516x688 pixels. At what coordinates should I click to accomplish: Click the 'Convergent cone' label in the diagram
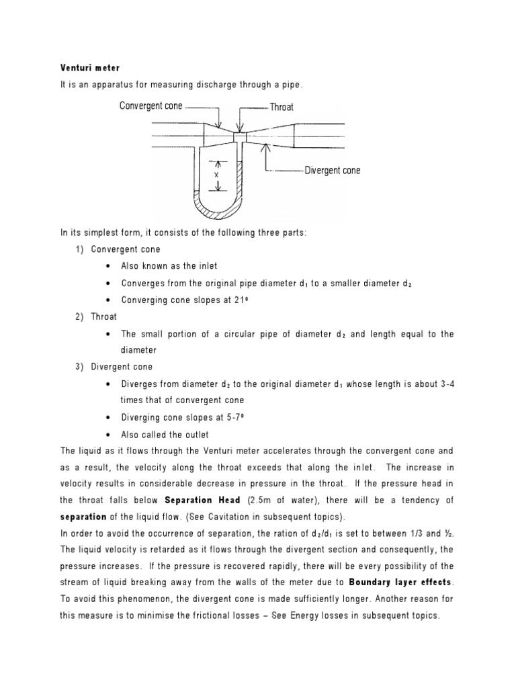click(150, 106)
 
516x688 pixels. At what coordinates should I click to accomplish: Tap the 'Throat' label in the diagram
click(282, 107)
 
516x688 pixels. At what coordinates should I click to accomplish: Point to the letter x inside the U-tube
click(216, 174)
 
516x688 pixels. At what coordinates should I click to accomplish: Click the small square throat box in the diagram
click(240, 137)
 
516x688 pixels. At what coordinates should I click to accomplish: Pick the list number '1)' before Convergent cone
click(79, 249)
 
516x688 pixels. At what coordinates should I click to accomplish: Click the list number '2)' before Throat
click(79, 316)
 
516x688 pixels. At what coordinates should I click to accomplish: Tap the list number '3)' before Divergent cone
click(79, 367)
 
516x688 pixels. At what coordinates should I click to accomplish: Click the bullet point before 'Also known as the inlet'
click(109, 266)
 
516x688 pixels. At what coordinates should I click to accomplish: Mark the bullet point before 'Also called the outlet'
click(109, 435)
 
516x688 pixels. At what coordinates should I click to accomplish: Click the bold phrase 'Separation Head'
click(197, 500)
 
